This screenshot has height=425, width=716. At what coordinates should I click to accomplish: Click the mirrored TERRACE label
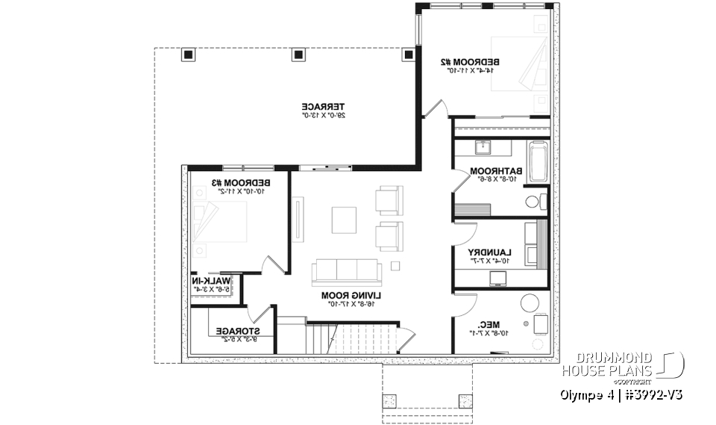316,106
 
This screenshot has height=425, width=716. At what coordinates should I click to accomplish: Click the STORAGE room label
237,330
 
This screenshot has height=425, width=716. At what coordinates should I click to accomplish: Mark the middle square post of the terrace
298,55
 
